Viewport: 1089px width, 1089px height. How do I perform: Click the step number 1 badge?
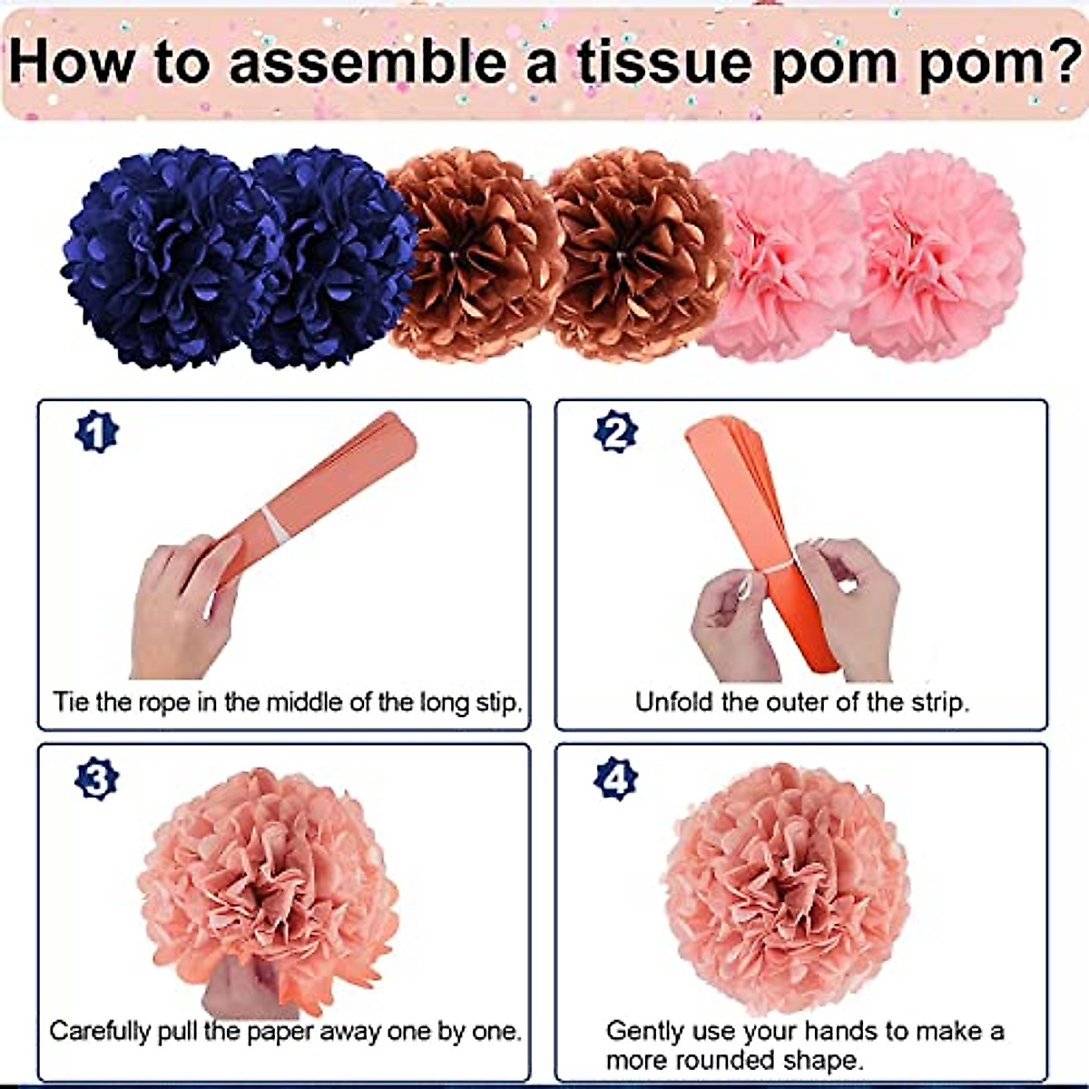(x=96, y=433)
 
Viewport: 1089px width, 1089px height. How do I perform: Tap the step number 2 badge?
(x=615, y=433)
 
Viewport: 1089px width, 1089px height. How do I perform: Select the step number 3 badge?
(x=96, y=779)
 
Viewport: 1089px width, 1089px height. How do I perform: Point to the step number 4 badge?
(x=615, y=779)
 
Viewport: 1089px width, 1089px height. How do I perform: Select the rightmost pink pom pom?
(x=935, y=254)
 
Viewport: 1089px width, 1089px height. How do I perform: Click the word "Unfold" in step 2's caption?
(x=673, y=701)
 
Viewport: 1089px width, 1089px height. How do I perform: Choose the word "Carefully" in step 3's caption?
(x=100, y=1032)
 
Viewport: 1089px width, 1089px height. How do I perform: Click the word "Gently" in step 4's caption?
(x=645, y=1032)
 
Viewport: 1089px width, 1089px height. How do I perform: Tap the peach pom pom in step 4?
(x=785, y=885)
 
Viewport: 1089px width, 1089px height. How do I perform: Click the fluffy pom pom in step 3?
(x=268, y=885)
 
